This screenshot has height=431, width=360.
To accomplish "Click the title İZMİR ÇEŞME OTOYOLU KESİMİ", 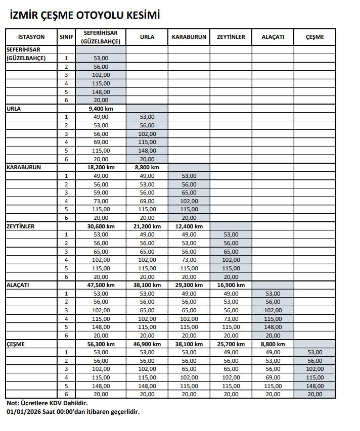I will coord(85,16).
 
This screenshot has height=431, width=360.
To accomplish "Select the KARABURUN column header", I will coord(189,37).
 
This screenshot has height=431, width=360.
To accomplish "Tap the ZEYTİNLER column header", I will coord(231,37).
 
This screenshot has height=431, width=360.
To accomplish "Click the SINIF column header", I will coord(66,37).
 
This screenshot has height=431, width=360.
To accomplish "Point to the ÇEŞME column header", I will coord(314,37).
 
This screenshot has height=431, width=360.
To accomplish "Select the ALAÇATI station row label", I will coord(18,285).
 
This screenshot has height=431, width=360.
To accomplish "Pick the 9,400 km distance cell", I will coord(101,109).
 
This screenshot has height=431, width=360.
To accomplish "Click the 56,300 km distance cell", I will coord(101,344).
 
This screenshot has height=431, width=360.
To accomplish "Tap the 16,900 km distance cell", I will coord(231,285).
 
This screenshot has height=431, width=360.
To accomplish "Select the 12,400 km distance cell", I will coord(189,226).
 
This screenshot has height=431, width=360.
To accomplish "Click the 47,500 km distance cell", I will coord(101,285).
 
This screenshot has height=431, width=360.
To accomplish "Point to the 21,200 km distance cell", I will coord(147,226).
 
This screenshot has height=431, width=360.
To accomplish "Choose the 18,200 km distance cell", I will coord(101,167).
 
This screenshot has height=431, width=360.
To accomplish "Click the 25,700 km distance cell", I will coord(231,344).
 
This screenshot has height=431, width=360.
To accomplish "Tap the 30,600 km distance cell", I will coord(101,226).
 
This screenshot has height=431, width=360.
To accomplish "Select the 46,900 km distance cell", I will coord(147,344).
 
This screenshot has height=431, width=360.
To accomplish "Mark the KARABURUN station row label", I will coord(24,167).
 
